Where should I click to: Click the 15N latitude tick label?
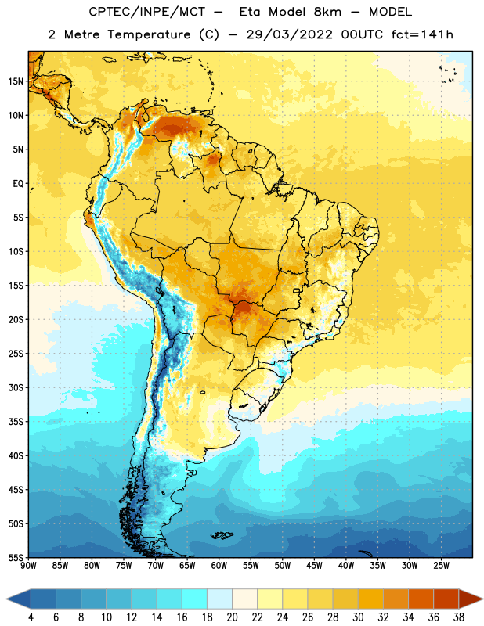(16, 81)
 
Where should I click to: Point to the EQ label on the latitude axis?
(18, 184)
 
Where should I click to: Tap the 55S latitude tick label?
(16, 557)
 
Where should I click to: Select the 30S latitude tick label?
(16, 387)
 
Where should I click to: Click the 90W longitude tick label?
(28, 565)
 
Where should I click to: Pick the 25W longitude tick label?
(441, 565)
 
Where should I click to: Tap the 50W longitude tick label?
(283, 565)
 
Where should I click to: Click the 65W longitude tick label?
(187, 565)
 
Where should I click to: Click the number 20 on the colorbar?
(232, 617)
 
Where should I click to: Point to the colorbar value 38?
(459, 617)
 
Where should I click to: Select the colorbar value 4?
(31, 617)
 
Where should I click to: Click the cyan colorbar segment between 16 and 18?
(194, 599)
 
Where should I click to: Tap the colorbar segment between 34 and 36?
(421, 599)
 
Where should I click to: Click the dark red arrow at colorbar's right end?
(470, 599)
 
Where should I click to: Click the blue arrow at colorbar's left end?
(19, 599)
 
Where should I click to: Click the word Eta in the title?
(250, 12)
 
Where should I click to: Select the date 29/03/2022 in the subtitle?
(289, 34)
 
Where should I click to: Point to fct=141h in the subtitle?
(422, 34)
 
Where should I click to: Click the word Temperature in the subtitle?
(149, 35)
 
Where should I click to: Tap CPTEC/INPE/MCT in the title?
(147, 12)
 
